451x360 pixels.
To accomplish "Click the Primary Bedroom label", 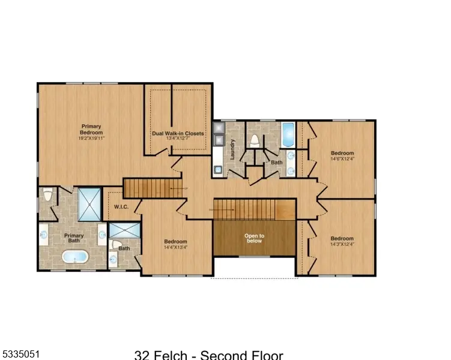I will [x=92, y=129].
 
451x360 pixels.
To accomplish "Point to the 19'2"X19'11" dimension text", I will [x=92, y=138].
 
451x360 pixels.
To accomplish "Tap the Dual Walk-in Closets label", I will [x=178, y=133].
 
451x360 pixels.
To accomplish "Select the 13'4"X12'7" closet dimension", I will [x=178, y=139].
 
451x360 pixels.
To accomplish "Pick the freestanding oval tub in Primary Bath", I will [x=75, y=257].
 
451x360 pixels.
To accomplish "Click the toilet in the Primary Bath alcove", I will [x=48, y=195].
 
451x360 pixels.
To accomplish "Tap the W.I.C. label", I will [x=121, y=207].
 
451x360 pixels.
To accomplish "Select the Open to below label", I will [x=254, y=238].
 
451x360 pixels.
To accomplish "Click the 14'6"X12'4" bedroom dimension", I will [x=342, y=159].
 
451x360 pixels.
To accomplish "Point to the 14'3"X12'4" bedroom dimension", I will [x=342, y=244].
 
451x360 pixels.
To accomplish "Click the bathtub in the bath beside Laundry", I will [x=288, y=135].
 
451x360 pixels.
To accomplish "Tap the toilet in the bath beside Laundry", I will [x=255, y=140].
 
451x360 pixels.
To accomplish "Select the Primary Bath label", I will [x=74, y=238].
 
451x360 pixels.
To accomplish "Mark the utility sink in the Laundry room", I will [x=217, y=170].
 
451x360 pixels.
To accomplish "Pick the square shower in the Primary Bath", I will [x=89, y=205].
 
